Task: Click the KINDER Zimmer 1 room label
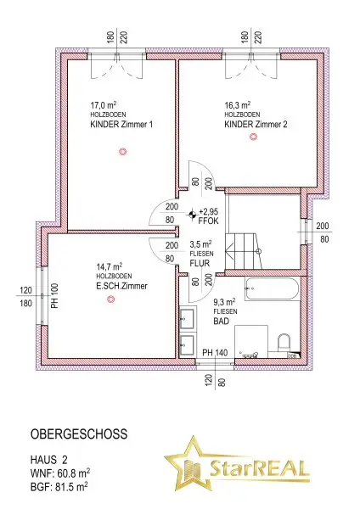click(121, 125)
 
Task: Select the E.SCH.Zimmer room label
click(121, 287)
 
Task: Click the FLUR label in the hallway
click(188, 262)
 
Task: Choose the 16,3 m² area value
click(237, 106)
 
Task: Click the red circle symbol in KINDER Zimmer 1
click(122, 152)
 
